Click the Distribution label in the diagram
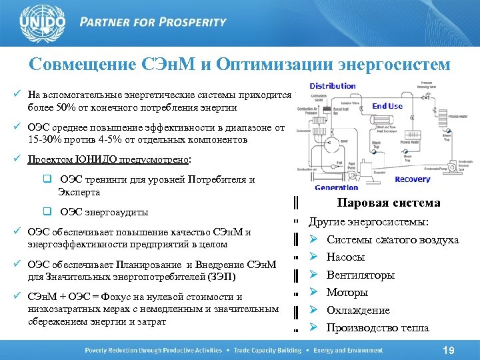[333, 86]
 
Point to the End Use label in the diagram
[387, 106]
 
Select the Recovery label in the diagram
[412, 179]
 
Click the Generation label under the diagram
[336, 188]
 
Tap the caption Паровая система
[389, 203]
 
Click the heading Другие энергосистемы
[369, 222]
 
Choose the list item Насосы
[345, 257]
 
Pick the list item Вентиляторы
[361, 275]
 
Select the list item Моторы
[347, 292]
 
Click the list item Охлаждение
[358, 310]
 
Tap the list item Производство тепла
[377, 327]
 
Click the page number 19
[448, 350]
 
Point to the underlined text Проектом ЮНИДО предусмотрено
[108, 160]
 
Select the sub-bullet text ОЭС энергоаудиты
[103, 213]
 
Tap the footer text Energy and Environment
[349, 351]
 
